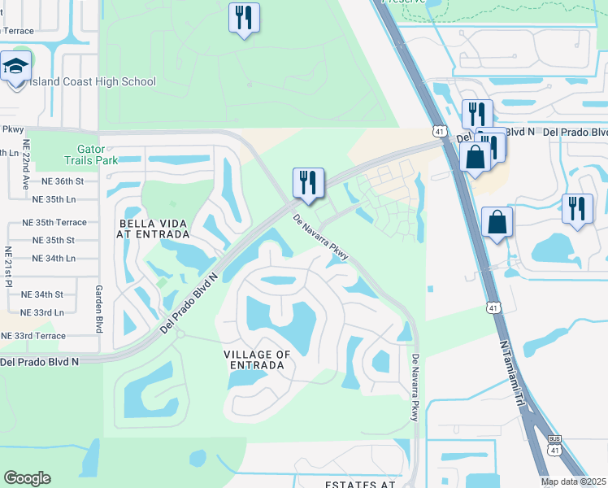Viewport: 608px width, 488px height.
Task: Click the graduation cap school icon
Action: click(15, 69)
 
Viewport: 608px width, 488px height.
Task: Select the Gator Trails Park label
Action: click(91, 155)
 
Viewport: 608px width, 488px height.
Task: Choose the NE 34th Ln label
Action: click(54, 258)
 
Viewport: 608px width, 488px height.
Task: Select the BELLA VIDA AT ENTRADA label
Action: click(154, 229)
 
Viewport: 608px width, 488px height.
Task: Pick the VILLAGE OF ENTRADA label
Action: click(256, 359)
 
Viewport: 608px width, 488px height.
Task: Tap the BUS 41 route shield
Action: click(555, 447)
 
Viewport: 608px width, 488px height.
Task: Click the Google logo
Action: click(27, 478)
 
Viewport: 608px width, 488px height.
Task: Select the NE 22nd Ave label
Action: click(25, 194)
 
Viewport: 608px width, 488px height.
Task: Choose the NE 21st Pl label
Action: click(8, 266)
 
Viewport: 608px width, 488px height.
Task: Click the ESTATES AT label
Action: click(359, 484)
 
